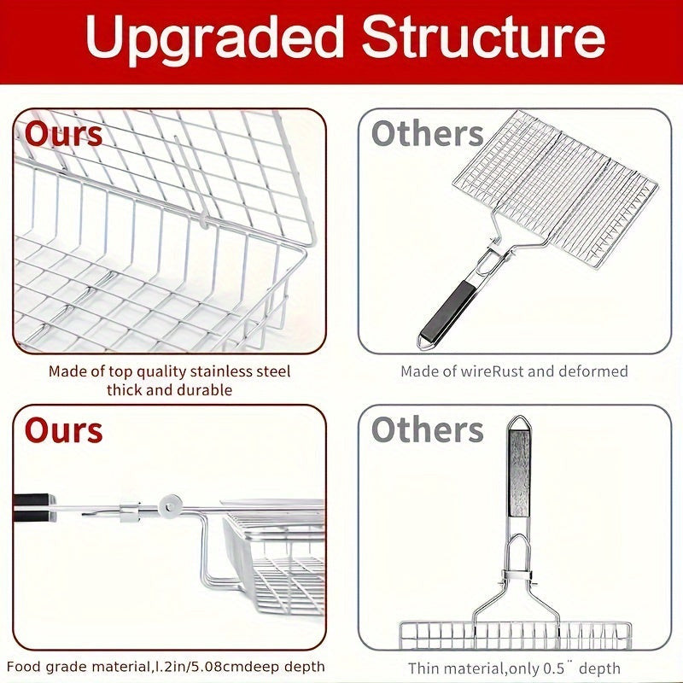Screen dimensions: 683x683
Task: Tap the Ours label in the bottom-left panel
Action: click(63, 430)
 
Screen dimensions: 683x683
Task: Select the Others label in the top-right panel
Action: click(428, 133)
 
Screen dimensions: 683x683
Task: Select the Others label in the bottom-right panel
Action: click(428, 429)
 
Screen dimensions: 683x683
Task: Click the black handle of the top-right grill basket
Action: click(449, 309)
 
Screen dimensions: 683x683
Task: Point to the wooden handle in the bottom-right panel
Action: click(519, 473)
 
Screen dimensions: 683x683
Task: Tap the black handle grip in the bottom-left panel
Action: click(33, 507)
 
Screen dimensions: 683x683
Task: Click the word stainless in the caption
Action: click(217, 371)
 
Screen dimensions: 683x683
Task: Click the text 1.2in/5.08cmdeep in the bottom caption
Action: click(216, 667)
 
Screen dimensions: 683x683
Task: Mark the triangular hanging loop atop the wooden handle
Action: click(519, 423)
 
